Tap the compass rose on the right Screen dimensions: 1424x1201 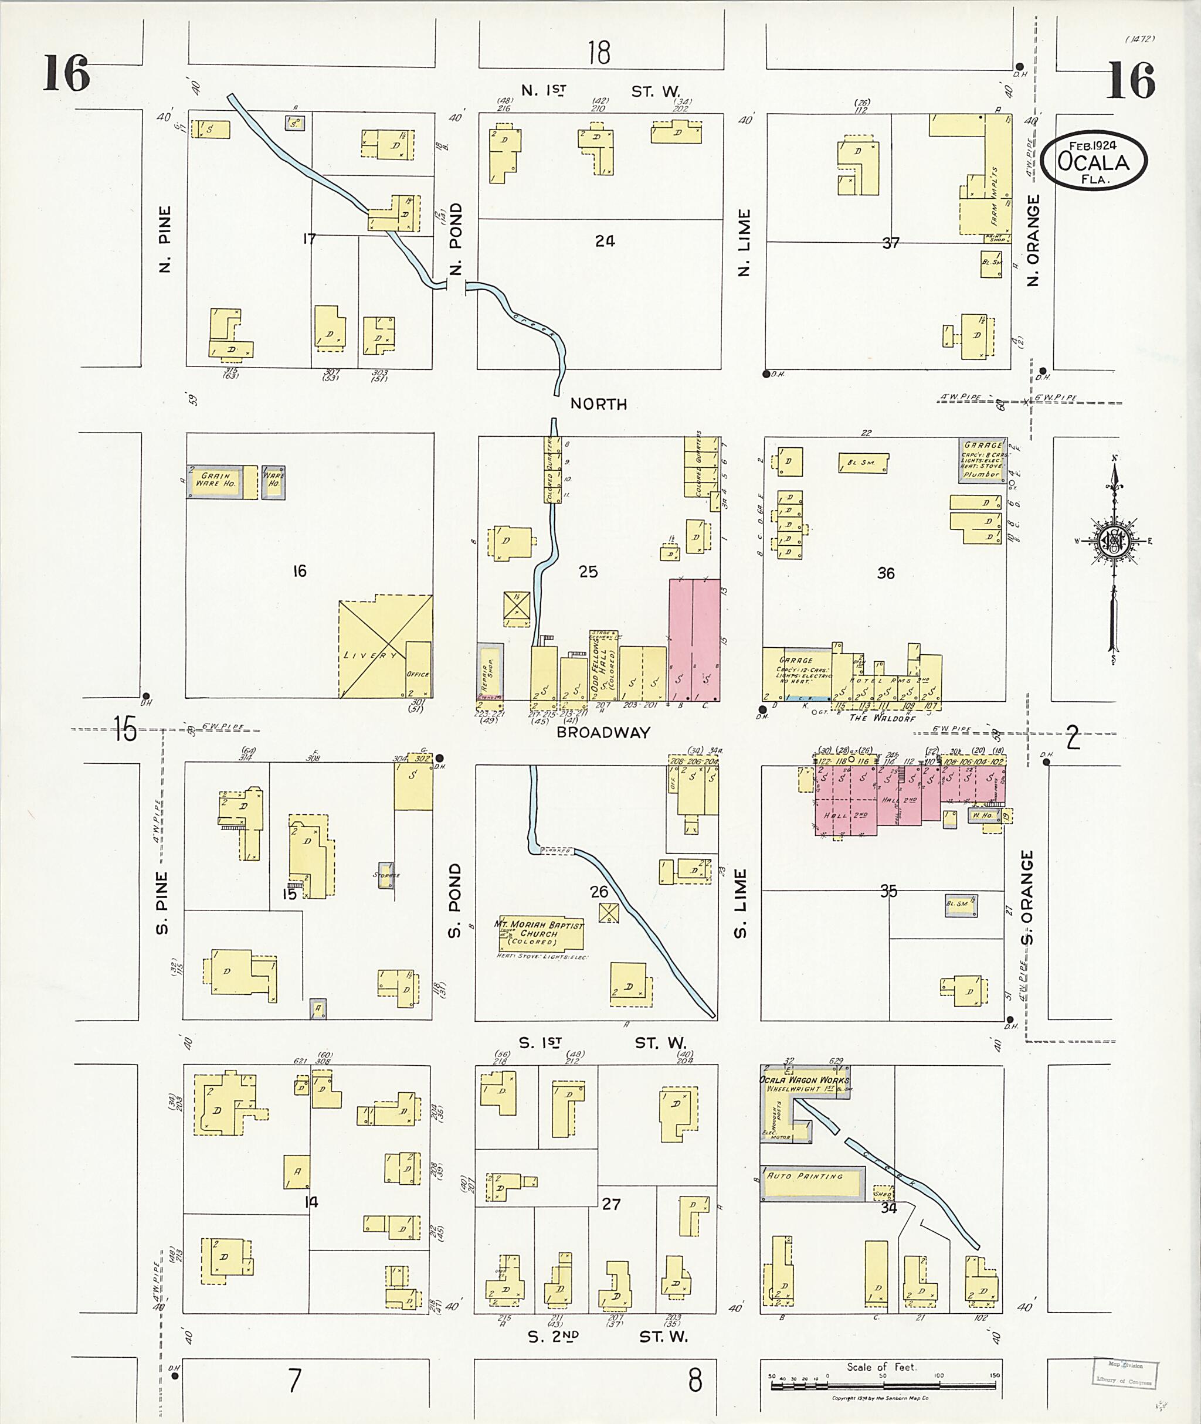point(1115,541)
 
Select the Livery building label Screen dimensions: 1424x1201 point(371,655)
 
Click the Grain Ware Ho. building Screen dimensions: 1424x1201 point(216,479)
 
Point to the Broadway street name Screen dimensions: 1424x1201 point(603,732)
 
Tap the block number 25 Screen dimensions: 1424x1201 point(588,572)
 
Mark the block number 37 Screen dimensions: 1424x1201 point(891,243)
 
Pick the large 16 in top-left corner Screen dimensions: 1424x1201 point(66,74)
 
